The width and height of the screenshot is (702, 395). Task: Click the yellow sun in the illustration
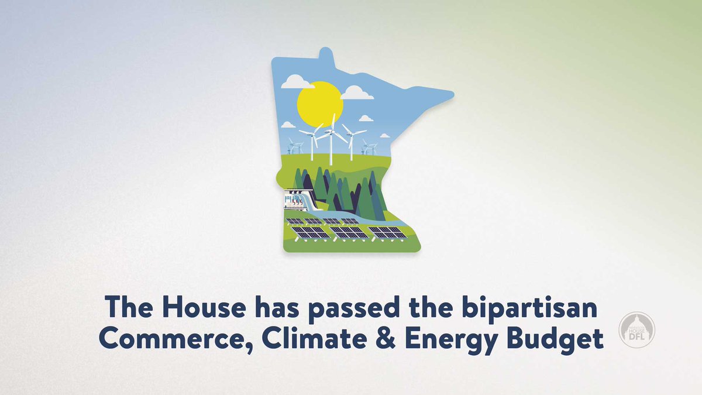click(319, 103)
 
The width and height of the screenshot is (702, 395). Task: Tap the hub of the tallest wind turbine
click(331, 131)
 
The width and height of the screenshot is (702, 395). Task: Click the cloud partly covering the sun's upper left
click(297, 83)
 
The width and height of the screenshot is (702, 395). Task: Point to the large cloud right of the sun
click(356, 92)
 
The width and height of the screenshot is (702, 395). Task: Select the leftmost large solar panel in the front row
click(311, 232)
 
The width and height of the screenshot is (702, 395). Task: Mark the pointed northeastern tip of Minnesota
click(451, 94)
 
